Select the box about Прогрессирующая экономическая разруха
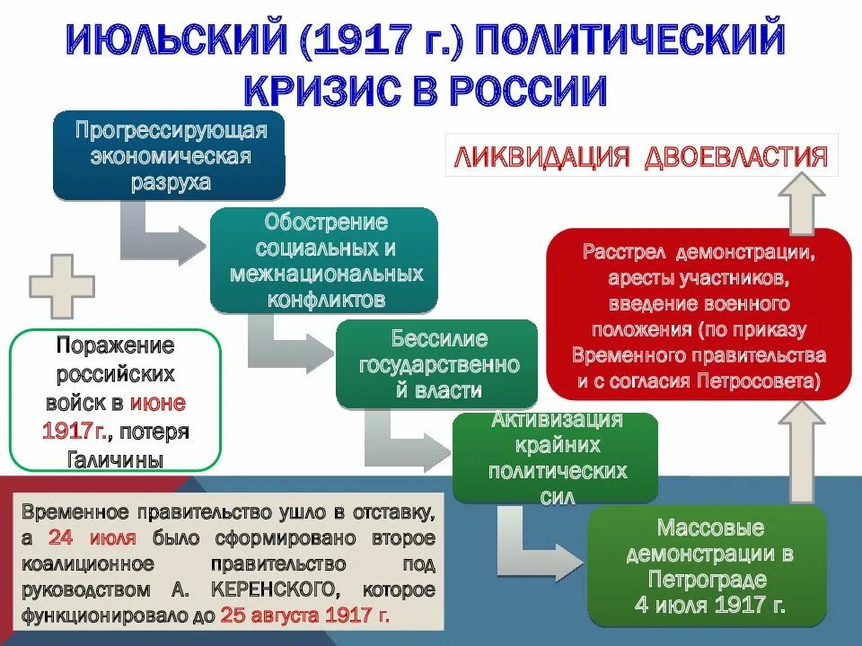click(169, 155)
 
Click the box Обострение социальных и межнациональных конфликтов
click(324, 260)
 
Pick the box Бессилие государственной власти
click(436, 364)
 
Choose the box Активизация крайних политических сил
click(553, 458)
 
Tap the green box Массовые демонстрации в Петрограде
click(708, 566)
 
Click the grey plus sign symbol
click(62, 286)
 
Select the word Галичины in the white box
click(116, 459)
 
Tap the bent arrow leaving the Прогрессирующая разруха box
click(157, 235)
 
